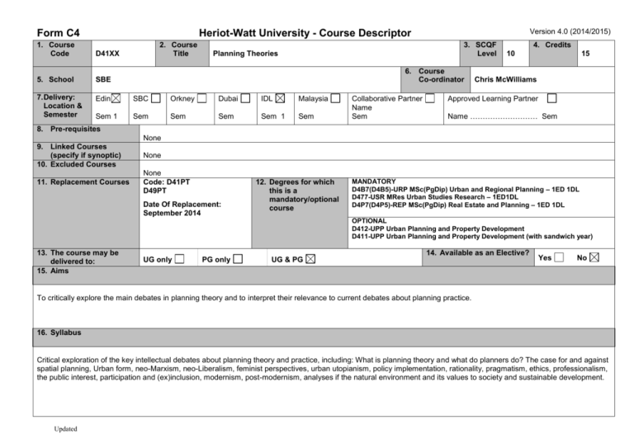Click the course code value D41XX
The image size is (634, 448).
tap(107, 54)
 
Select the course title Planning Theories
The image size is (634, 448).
tap(245, 54)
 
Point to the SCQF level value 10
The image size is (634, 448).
tap(512, 54)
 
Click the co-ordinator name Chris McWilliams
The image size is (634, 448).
tap(505, 80)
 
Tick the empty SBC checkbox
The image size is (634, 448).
tap(155, 99)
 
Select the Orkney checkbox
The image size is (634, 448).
tap(202, 99)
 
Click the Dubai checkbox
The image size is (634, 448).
tap(246, 99)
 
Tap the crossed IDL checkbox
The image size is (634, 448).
tap(282, 99)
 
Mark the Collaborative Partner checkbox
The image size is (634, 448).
tap(430, 99)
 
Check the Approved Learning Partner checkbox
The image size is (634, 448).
tap(552, 99)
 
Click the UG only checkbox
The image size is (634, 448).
tap(179, 260)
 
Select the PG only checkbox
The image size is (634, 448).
tap(238, 260)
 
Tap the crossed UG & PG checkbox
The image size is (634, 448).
tap(310, 260)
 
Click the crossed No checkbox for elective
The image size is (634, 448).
tap(595, 257)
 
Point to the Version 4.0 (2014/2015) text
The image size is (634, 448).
tap(569, 31)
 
